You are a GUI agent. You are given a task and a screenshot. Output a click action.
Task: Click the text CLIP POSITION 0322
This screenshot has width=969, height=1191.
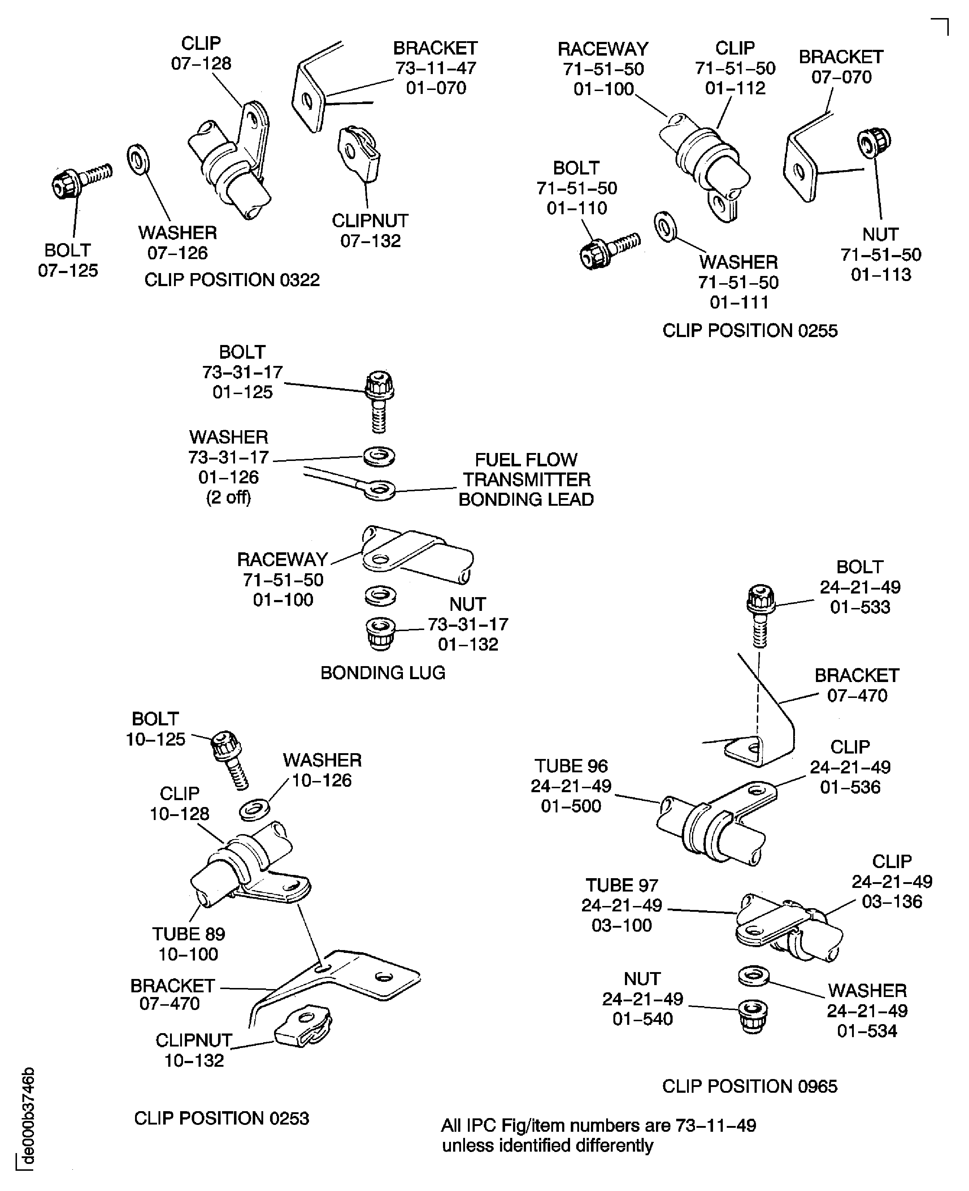[x=232, y=280]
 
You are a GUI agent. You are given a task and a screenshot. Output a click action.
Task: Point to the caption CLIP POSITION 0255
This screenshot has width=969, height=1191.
[x=749, y=331]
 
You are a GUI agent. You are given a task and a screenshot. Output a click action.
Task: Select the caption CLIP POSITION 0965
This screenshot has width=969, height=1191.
[x=749, y=1086]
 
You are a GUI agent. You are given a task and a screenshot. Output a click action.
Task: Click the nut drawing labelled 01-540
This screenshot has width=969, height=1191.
[x=752, y=1016]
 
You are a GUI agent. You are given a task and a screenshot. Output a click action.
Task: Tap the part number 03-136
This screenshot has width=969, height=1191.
[x=891, y=902]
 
